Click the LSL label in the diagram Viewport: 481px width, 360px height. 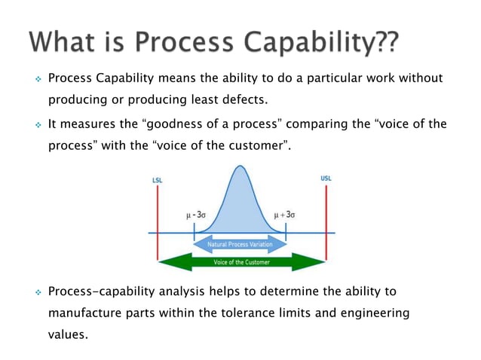click(x=157, y=180)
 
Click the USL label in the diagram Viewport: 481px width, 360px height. click(x=326, y=179)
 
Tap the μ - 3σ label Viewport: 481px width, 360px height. click(x=198, y=215)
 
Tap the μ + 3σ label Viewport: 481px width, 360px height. click(x=284, y=215)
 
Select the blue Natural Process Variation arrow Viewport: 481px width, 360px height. click(x=240, y=246)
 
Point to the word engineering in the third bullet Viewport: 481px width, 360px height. click(x=372, y=312)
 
